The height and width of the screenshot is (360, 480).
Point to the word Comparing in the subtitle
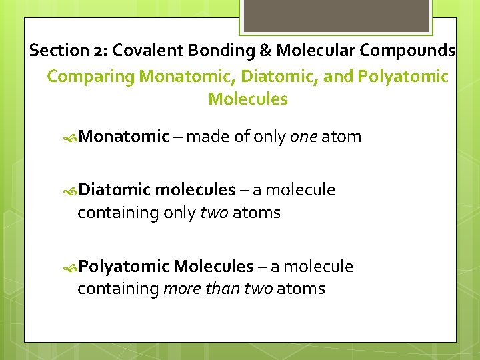click(x=91, y=77)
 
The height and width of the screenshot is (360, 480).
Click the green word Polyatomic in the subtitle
click(x=403, y=77)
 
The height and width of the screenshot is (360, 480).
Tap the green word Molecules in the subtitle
click(x=248, y=100)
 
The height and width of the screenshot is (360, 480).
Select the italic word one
click(x=303, y=137)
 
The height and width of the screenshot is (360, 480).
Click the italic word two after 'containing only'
click(x=214, y=213)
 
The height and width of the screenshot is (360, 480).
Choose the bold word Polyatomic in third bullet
click(x=123, y=267)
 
